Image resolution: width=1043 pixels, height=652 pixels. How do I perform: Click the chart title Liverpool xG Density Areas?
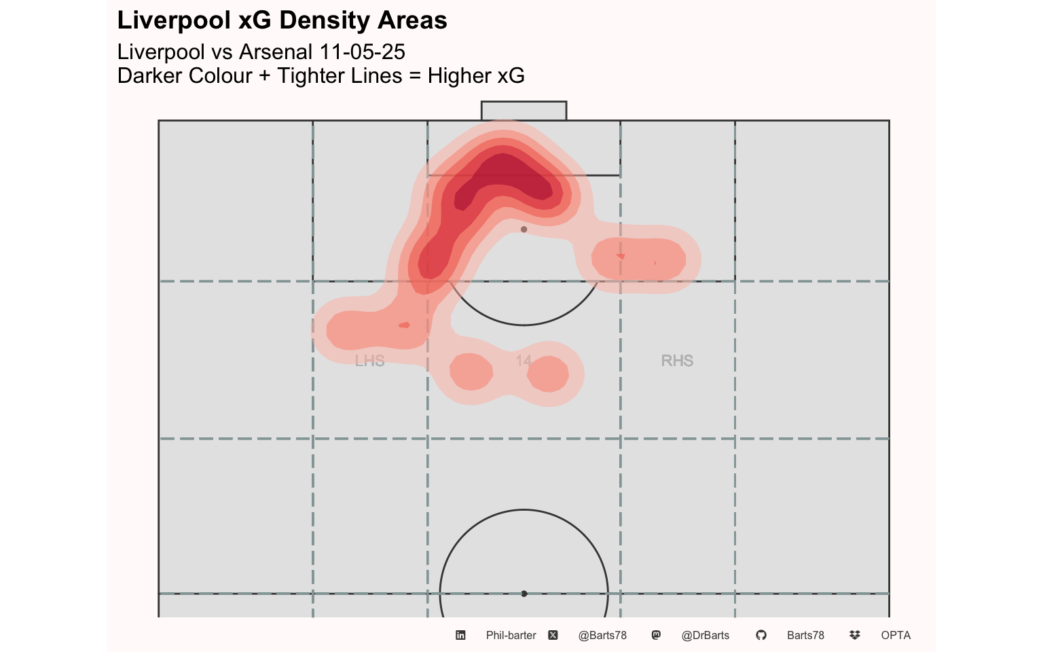point(282,20)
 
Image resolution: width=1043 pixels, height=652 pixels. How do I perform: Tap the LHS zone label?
point(369,361)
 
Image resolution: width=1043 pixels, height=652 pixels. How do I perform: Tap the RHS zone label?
point(677,361)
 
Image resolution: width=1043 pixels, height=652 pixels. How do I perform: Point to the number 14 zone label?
point(524,361)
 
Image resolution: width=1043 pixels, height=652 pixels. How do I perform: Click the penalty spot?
point(524,230)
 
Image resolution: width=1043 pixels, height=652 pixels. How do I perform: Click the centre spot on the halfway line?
point(524,594)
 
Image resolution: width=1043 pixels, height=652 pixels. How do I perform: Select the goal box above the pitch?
point(524,111)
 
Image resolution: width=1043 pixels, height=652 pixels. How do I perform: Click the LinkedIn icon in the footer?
point(460,635)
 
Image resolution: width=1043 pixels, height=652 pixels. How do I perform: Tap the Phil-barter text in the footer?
point(511,635)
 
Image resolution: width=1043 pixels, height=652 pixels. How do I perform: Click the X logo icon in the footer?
point(553,635)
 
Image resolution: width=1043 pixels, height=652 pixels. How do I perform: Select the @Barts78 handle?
point(602,635)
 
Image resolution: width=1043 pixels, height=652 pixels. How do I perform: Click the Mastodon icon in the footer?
point(656,635)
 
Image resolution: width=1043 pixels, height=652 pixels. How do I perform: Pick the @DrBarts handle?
point(705,635)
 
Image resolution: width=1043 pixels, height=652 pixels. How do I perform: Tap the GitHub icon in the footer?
point(761,635)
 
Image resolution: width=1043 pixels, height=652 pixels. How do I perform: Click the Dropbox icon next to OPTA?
point(854,635)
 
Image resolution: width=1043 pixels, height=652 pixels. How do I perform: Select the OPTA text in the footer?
point(896,635)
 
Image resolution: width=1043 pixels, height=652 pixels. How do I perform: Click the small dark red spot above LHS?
point(404,325)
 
